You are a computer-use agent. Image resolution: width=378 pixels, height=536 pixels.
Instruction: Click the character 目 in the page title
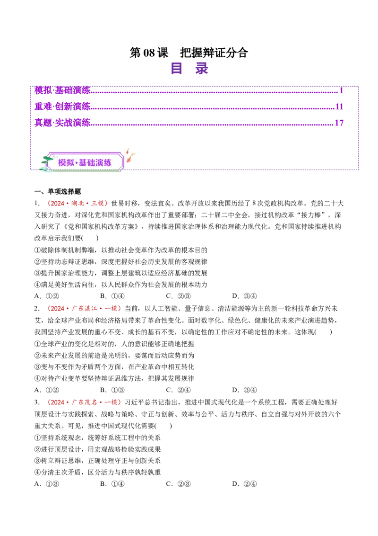pyautogui.click(x=177, y=69)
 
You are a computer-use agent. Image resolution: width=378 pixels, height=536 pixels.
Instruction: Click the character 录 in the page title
pyautogui.click(x=202, y=69)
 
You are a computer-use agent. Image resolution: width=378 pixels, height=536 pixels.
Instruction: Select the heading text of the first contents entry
pyautogui.click(x=62, y=89)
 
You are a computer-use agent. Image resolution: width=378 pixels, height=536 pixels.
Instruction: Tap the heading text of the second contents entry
pyautogui.click(x=62, y=106)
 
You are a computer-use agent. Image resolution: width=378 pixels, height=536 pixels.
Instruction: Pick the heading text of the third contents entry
pyautogui.click(x=62, y=123)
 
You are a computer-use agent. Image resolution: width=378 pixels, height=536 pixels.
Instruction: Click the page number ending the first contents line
pyautogui.click(x=341, y=89)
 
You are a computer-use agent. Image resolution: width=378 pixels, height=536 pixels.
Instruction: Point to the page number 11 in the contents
pyautogui.click(x=339, y=106)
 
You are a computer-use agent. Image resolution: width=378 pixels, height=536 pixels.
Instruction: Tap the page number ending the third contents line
pyautogui.click(x=339, y=123)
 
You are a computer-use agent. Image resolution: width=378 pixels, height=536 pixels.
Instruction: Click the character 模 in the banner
pyautogui.click(x=62, y=162)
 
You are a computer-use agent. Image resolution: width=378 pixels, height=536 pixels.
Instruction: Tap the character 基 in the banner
pyautogui.click(x=83, y=162)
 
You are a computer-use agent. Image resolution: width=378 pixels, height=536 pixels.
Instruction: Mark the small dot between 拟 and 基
pyautogui.click(x=77, y=162)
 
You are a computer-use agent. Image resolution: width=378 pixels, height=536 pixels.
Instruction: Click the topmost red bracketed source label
pyautogui.click(x=77, y=204)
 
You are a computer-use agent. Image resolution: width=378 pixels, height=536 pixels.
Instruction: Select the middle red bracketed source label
pyautogui.click(x=84, y=309)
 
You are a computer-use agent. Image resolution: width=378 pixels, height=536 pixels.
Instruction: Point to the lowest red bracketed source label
pyautogui.click(x=85, y=402)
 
